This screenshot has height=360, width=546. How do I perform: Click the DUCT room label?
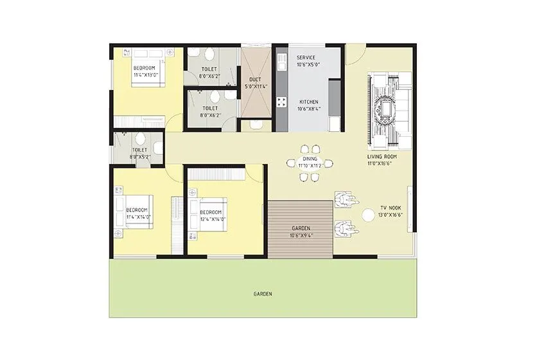(255, 80)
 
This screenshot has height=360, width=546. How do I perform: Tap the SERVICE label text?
(306, 58)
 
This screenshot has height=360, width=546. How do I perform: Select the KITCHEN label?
(309, 102)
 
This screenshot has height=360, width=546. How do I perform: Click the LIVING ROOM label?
(382, 157)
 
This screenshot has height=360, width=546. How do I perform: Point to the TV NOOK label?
(391, 208)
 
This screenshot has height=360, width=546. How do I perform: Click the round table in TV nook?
(368, 216)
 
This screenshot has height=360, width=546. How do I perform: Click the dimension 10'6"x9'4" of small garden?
(301, 235)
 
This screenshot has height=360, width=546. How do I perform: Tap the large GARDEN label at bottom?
(262, 294)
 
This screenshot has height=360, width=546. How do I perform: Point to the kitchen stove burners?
(281, 102)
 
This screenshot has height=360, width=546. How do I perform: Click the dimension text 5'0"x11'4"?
(255, 86)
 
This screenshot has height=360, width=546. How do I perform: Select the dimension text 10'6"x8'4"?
(309, 109)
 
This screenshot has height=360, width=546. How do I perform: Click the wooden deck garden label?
(301, 228)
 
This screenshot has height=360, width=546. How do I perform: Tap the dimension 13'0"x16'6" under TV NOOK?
(391, 215)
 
